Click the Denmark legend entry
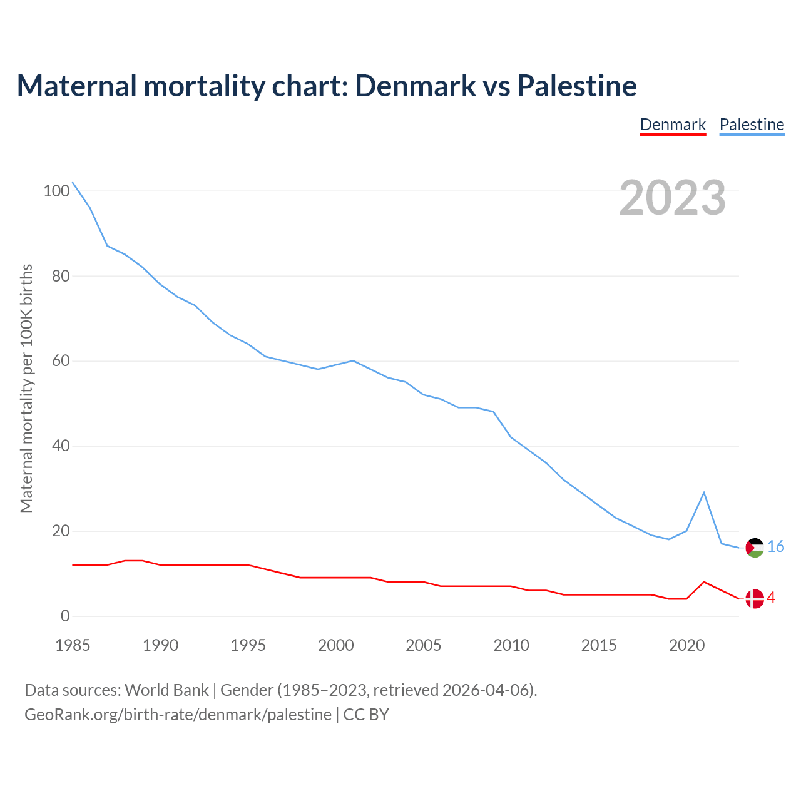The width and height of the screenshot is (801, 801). click(x=673, y=125)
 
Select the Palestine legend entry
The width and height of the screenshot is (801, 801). click(x=752, y=125)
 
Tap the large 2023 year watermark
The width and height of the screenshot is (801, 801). click(x=673, y=198)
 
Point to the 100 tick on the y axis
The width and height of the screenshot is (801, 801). click(x=56, y=191)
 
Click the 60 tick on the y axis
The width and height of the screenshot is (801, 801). click(x=61, y=361)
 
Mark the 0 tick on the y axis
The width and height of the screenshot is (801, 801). click(x=65, y=616)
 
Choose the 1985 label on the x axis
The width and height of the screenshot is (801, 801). click(x=73, y=645)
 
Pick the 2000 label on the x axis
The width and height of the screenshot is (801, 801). click(x=336, y=645)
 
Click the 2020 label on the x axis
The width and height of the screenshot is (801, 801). click(x=687, y=645)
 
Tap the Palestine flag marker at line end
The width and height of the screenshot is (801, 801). click(x=755, y=548)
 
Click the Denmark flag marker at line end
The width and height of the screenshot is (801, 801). click(x=755, y=599)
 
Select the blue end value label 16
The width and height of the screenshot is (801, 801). click(x=775, y=547)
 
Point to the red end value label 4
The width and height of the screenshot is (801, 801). click(x=771, y=598)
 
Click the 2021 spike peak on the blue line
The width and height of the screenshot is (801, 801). click(x=704, y=492)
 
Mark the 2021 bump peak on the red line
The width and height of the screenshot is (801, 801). click(x=704, y=582)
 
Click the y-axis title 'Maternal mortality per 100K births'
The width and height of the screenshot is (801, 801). click(x=26, y=388)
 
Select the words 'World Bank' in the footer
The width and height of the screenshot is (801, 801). click(x=166, y=690)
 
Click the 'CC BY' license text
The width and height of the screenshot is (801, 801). click(x=366, y=715)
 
